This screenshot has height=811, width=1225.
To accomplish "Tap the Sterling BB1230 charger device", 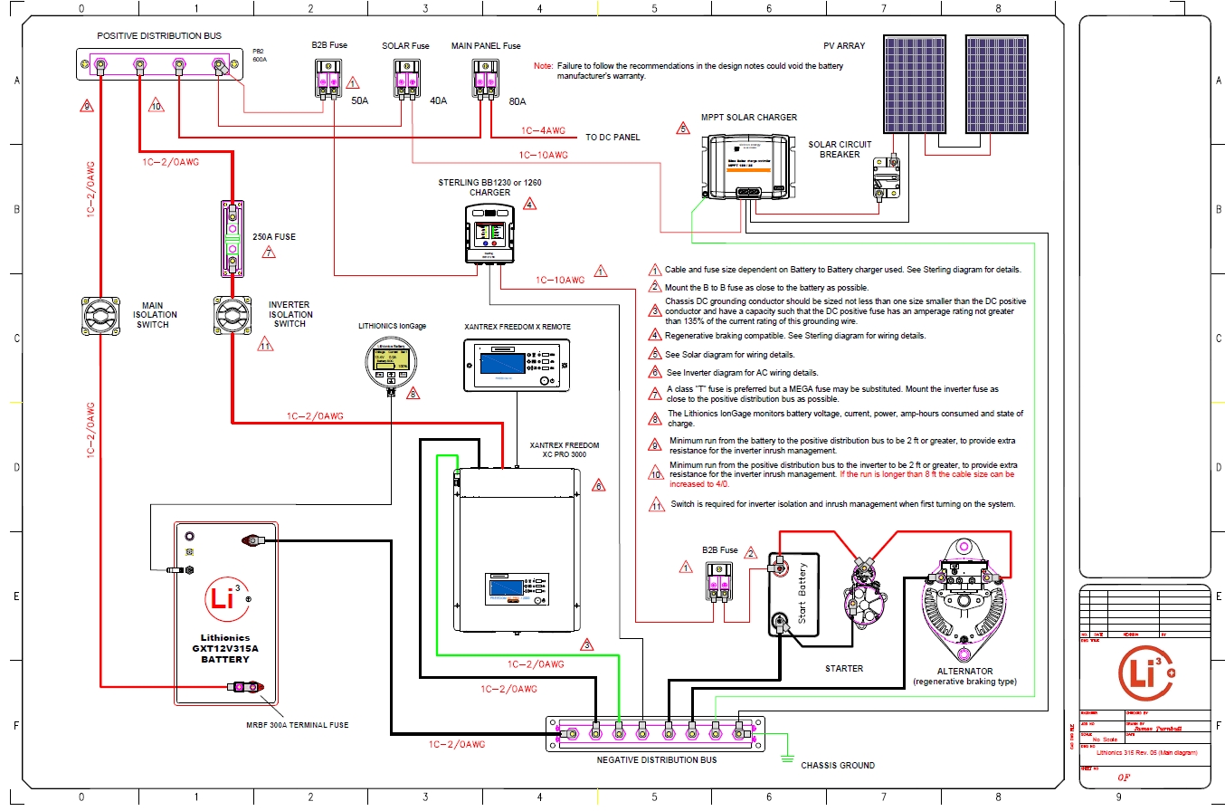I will coord(489,233).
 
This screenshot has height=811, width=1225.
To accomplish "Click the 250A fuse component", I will coord(232,238).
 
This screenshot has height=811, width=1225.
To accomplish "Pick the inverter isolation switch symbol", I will coord(232,316).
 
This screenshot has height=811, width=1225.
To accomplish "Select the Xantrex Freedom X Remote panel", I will coord(517,365).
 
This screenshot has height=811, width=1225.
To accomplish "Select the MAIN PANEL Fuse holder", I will coord(486,77).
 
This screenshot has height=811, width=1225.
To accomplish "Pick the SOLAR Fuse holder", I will coord(406,77).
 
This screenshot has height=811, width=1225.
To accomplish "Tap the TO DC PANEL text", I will coord(612,138).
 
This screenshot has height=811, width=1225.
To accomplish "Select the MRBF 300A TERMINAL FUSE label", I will coord(297,725).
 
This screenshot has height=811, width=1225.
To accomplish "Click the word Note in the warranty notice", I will coord(543,67).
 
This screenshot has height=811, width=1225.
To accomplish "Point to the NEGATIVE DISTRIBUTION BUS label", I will coord(656,760).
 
